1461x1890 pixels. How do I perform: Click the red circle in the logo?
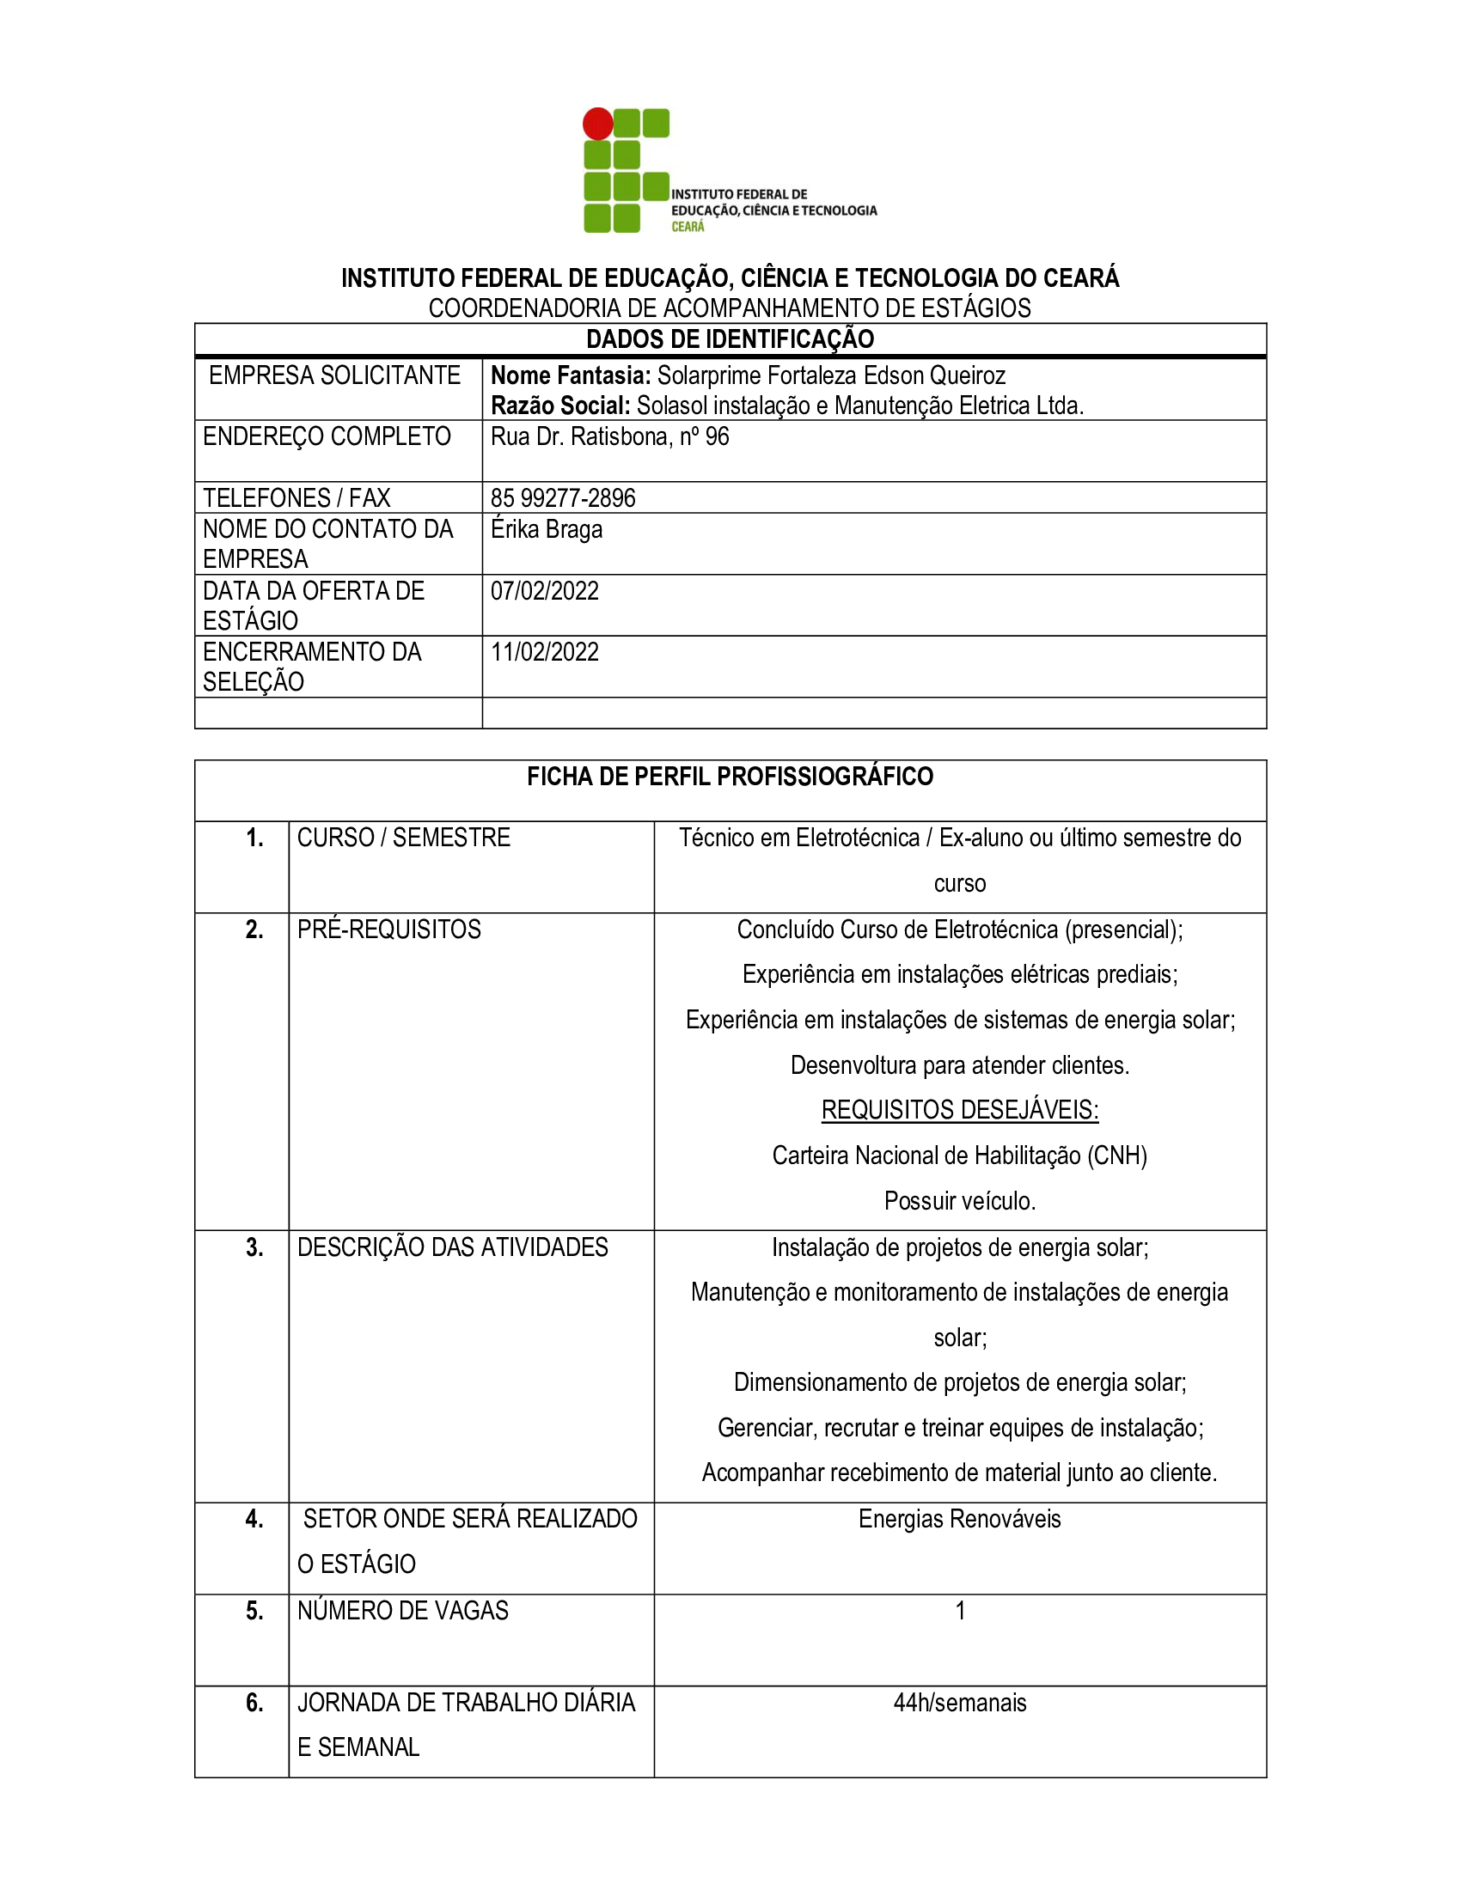[x=597, y=124]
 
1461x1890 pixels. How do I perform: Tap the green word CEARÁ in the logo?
[x=688, y=227]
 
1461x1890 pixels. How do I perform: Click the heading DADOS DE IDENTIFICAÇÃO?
[x=730, y=339]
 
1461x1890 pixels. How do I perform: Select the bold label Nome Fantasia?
[x=571, y=375]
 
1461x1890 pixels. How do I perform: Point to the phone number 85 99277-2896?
[x=563, y=497]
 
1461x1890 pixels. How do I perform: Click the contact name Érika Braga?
[x=546, y=528]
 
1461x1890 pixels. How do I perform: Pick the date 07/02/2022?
[x=544, y=591]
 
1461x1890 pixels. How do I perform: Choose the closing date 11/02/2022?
[x=544, y=653]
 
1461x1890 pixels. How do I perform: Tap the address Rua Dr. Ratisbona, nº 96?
[x=609, y=436]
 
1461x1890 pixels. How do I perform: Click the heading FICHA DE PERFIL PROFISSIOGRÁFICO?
[x=730, y=777]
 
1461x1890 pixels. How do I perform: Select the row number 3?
[x=254, y=1247]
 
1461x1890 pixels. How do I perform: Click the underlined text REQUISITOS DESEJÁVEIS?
[x=960, y=1110]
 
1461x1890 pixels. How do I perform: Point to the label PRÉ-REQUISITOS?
[x=388, y=930]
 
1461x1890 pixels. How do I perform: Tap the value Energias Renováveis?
[x=960, y=1519]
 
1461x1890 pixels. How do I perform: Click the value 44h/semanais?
[x=960, y=1703]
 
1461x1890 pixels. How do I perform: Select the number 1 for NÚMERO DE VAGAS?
[x=960, y=1611]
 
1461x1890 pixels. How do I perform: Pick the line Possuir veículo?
[x=960, y=1201]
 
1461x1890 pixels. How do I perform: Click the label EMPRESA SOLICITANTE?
[x=334, y=375]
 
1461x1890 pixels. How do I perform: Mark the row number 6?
[x=254, y=1703]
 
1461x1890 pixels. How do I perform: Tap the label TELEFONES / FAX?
[x=296, y=497]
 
